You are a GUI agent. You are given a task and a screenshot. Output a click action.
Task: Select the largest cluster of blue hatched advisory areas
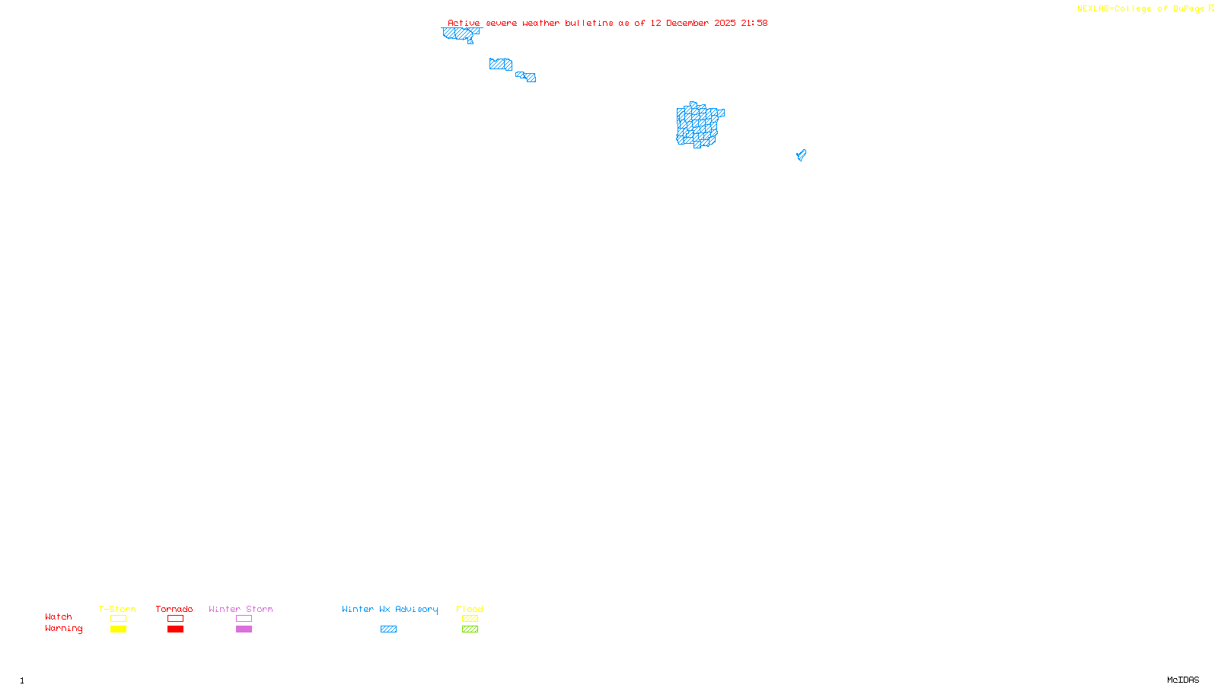click(x=698, y=125)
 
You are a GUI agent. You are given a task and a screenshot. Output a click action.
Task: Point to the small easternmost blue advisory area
click(x=801, y=155)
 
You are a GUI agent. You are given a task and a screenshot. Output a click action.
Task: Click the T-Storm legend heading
click(x=117, y=609)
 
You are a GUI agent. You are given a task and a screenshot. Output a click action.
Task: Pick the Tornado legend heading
click(x=174, y=609)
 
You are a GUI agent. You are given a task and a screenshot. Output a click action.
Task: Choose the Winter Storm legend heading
click(x=241, y=609)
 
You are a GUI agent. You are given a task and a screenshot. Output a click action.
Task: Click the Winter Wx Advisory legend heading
click(x=390, y=609)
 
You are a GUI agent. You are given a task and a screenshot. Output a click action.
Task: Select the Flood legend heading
click(x=470, y=609)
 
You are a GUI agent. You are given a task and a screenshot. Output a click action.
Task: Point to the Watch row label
click(x=59, y=616)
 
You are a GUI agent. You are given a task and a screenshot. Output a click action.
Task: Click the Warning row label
click(x=63, y=629)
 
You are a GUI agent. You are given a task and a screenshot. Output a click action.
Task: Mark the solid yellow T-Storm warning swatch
click(x=118, y=629)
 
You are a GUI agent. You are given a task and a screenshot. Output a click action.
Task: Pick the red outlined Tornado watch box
click(x=175, y=619)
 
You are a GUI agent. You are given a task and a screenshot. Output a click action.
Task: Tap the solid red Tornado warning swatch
click(x=175, y=629)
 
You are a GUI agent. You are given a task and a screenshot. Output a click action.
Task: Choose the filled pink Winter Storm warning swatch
click(x=244, y=629)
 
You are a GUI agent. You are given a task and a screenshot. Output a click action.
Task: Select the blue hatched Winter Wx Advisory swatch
click(x=388, y=629)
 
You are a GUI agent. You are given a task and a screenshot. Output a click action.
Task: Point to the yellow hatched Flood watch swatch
click(x=470, y=619)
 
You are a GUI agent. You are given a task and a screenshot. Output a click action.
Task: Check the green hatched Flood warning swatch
click(x=470, y=629)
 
